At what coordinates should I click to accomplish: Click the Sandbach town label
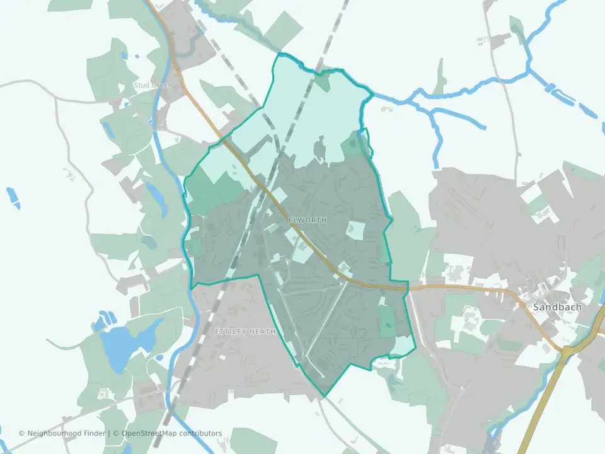tap(557, 307)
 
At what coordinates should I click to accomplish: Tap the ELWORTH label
tap(308, 220)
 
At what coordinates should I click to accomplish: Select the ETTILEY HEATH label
tap(245, 332)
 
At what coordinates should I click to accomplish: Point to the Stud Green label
tap(152, 84)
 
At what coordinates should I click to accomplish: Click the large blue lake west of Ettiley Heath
tap(126, 344)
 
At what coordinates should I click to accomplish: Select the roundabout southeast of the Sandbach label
tap(568, 351)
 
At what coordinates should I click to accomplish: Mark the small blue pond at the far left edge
tap(13, 197)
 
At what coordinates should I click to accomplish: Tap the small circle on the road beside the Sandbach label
tap(522, 305)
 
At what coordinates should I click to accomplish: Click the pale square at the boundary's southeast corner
tap(402, 346)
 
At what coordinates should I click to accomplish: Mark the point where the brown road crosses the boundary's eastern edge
tap(408, 287)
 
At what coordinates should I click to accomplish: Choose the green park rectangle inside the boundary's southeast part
tap(387, 320)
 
